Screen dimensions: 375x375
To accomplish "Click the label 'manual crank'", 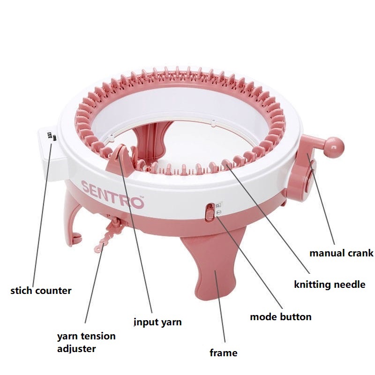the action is pyautogui.click(x=341, y=253).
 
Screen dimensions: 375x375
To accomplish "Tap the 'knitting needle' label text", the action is pyautogui.click(x=329, y=284).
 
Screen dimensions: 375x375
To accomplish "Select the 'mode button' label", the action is pyautogui.click(x=280, y=317).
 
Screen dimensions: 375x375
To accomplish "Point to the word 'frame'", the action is pyautogui.click(x=224, y=353).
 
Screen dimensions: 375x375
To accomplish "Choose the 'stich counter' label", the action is pyautogui.click(x=41, y=291).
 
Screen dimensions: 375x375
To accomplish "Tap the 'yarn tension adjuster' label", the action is pyautogui.click(x=86, y=342).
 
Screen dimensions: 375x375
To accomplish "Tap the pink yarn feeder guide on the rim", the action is pyautogui.click(x=118, y=159).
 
